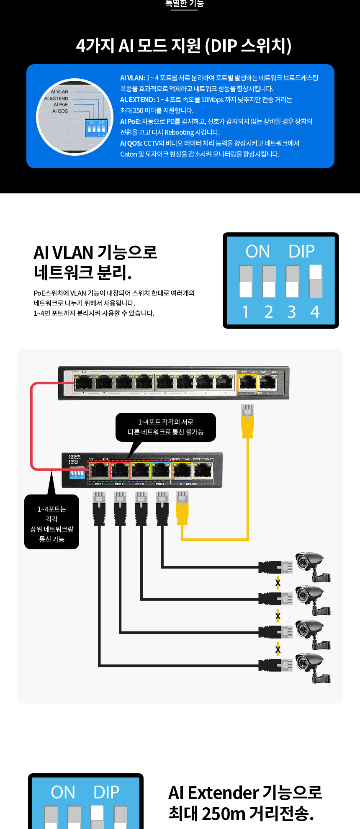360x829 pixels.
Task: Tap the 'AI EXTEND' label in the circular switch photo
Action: pos(56,98)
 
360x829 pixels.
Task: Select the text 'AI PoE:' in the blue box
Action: pos(130,121)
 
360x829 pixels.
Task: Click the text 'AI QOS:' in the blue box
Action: pos(131,143)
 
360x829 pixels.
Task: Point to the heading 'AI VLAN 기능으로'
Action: pos(95,252)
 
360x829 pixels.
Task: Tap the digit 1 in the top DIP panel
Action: pos(245,312)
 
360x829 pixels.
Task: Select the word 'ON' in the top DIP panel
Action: pos(257,252)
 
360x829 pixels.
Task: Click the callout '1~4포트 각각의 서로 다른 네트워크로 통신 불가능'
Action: pos(165,427)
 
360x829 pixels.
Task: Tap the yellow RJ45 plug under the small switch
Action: pos(182,508)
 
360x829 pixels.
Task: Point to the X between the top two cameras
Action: pos(278,583)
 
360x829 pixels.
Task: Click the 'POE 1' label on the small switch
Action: pos(99,484)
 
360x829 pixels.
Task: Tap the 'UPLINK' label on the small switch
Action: pos(191,484)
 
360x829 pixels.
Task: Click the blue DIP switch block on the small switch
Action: pos(77,473)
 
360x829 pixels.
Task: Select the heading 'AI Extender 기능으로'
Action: pos(245,793)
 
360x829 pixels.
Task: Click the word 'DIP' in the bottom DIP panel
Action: pos(106,793)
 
